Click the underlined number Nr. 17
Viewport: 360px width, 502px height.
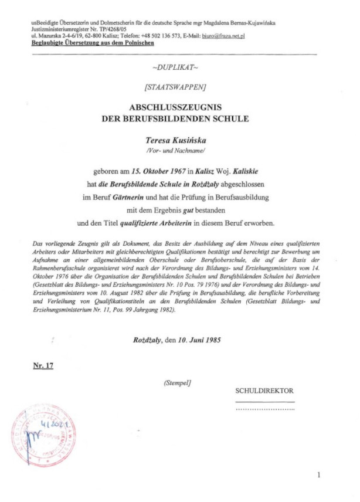pyautogui.click(x=43, y=366)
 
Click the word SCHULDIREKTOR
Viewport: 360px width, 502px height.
pyautogui.click(x=264, y=391)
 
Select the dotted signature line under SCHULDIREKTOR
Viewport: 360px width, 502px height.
pyautogui.click(x=264, y=408)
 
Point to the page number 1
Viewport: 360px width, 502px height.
pyautogui.click(x=318, y=475)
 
